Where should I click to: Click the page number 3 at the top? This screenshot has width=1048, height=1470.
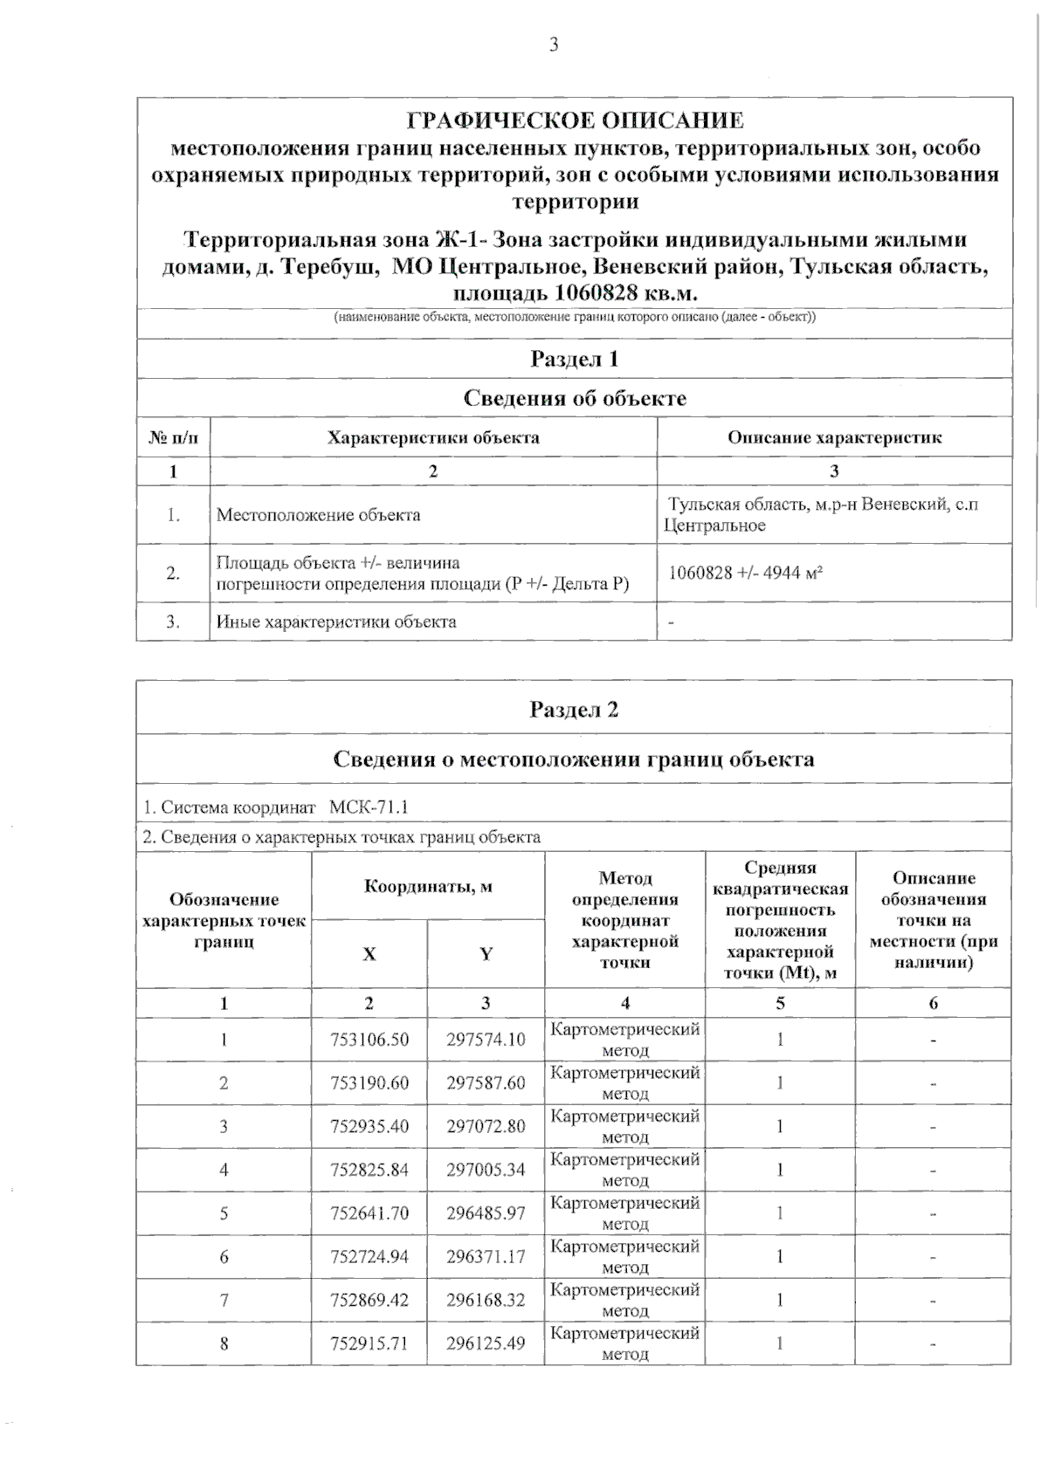(553, 45)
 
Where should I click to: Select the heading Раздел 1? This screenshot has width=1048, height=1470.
(575, 359)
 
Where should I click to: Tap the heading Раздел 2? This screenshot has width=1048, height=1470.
(575, 709)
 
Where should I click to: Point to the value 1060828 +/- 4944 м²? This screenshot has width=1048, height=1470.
(747, 574)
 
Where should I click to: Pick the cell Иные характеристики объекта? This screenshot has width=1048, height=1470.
(336, 622)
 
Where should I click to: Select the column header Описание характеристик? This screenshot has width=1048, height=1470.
(834, 437)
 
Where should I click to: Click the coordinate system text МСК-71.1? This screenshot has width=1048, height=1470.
(369, 807)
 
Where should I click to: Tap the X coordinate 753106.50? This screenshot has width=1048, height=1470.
(369, 1040)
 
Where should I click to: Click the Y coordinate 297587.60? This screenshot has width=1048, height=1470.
(486, 1083)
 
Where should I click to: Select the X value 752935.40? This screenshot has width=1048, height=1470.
(369, 1126)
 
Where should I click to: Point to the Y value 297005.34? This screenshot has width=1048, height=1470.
(486, 1170)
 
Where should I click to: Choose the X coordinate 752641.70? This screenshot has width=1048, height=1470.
(369, 1213)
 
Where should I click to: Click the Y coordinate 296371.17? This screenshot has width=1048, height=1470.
(486, 1257)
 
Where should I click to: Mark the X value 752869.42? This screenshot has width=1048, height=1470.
(369, 1300)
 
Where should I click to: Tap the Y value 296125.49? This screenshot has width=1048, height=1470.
(486, 1343)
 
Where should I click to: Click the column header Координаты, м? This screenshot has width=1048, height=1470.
(428, 887)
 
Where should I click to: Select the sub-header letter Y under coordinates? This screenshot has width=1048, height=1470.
(486, 954)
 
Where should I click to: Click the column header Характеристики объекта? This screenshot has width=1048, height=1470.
(433, 437)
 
